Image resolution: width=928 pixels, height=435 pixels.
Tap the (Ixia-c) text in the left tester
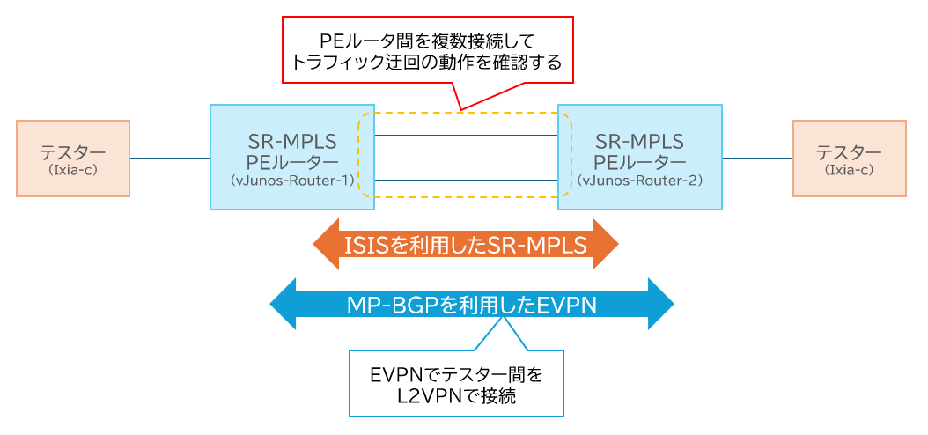[x=73, y=171]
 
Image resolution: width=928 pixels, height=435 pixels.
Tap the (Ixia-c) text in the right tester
[x=850, y=171]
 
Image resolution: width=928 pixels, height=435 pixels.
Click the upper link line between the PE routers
[x=467, y=136]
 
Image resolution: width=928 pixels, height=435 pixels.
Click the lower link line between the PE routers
[x=467, y=180]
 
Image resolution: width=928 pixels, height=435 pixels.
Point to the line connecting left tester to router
[x=170, y=159]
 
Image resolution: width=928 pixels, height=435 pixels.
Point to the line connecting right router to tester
[x=757, y=159]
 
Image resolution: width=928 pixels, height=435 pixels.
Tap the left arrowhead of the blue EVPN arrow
[x=284, y=306]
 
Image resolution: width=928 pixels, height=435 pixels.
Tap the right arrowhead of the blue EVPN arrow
[x=659, y=306]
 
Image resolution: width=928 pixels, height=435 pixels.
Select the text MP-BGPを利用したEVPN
[x=472, y=306]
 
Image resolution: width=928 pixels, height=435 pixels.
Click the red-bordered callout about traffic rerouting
[x=427, y=51]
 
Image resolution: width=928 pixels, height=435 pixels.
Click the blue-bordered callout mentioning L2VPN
[x=456, y=383]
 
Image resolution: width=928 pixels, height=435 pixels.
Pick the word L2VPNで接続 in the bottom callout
[x=456, y=395]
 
